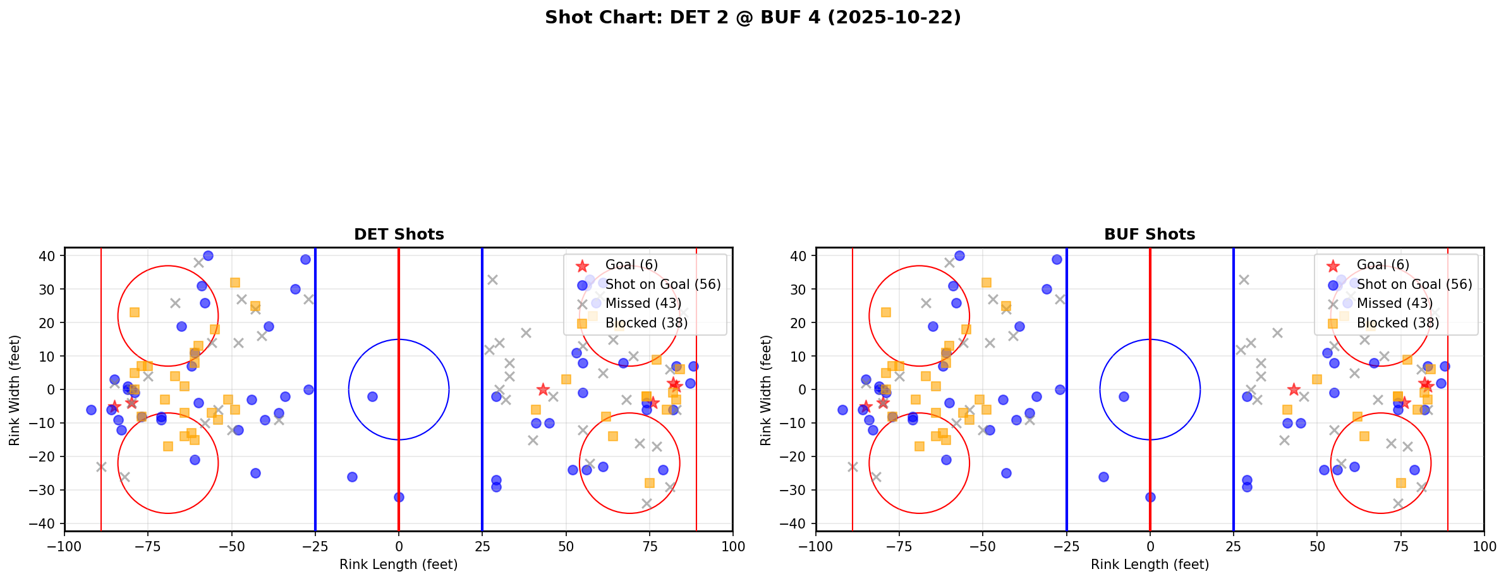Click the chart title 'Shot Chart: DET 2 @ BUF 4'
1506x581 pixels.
753,17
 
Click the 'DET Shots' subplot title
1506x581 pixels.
399,235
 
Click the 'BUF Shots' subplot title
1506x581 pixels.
1150,235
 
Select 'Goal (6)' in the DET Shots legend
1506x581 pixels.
631,265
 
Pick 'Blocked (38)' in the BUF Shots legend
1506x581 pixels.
1397,323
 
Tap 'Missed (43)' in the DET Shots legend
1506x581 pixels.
636,303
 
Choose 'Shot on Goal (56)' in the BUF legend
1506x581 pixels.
1414,284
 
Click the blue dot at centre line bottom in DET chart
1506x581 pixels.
399,497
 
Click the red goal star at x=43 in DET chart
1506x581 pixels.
542,389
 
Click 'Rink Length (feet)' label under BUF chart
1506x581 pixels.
1150,565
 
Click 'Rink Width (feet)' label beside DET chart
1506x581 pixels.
15,389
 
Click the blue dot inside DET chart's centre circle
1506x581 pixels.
372,396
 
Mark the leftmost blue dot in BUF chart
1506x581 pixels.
842,410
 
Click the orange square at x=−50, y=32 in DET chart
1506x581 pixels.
235,283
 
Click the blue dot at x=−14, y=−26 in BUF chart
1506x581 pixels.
1103,477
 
